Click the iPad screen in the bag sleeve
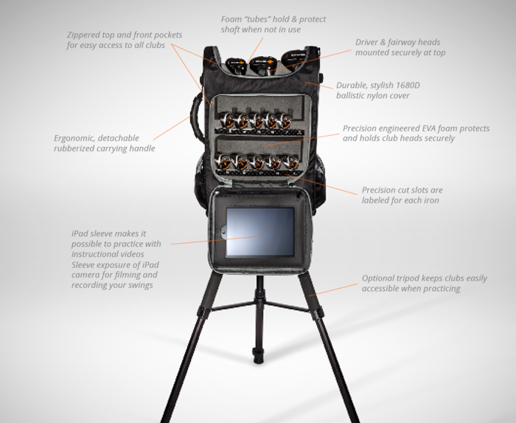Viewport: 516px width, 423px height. coord(260,232)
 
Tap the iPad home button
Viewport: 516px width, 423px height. coord(223,232)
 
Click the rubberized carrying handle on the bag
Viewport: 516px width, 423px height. coord(197,117)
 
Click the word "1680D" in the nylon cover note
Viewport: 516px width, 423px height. coord(408,86)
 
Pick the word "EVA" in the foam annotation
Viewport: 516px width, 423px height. coord(430,128)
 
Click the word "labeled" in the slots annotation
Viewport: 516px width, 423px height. coord(374,200)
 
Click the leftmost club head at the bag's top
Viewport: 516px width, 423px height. coord(236,66)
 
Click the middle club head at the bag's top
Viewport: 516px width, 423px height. coord(262,65)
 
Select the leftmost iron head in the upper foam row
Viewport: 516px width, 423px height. coord(227,120)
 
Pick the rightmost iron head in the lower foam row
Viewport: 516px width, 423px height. coord(290,162)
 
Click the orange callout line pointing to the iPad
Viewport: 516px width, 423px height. coord(215,240)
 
